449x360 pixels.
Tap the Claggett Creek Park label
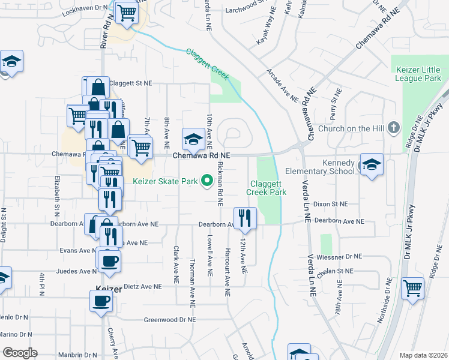point(265,188)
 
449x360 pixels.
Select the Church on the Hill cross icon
point(394,127)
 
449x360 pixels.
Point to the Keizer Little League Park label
point(418,74)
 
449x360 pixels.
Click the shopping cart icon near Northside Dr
point(412,288)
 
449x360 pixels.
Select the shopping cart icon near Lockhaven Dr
point(127,12)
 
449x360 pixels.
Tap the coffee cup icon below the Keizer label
point(101,301)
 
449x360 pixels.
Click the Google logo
point(20,352)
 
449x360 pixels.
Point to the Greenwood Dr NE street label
point(170,320)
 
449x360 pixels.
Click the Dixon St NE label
point(331,204)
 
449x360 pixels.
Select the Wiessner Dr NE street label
point(339,256)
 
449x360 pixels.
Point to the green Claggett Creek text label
point(207,64)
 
